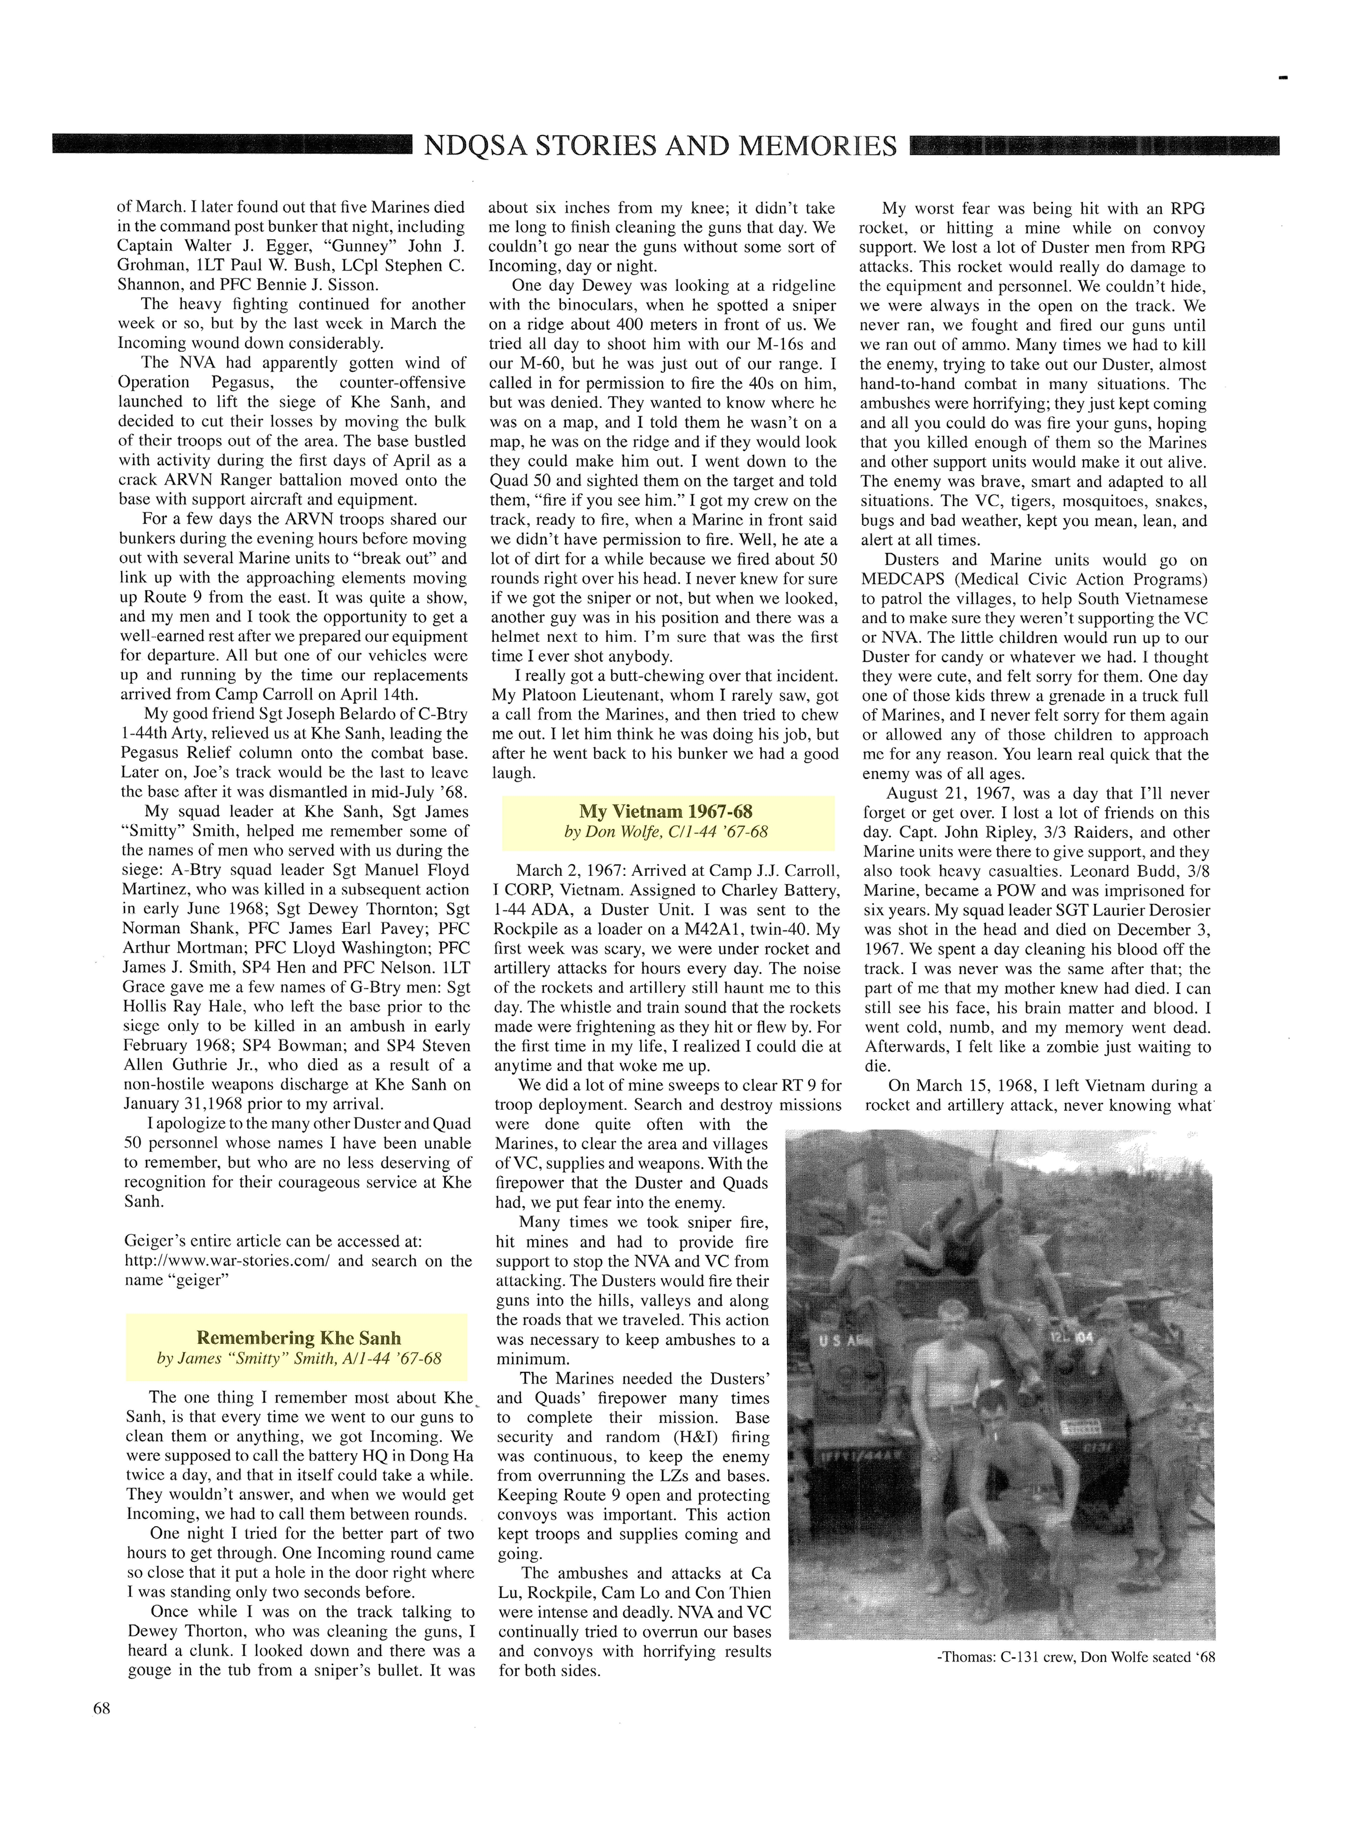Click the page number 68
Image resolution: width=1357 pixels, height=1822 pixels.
coord(101,1708)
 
